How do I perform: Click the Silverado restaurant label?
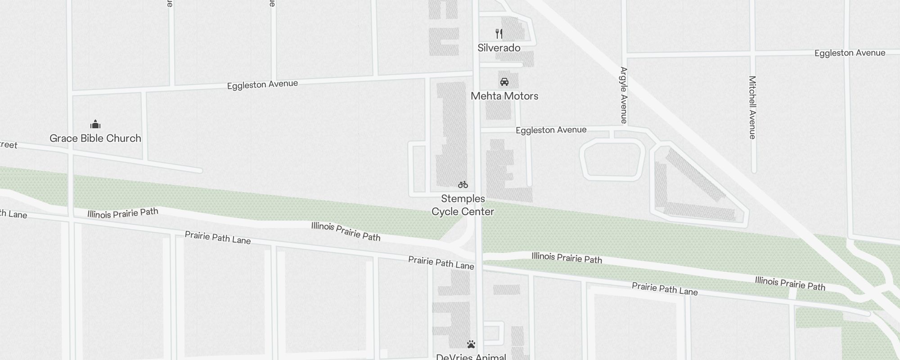coord(499,48)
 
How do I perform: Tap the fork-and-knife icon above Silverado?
coord(499,34)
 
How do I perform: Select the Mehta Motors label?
coord(504,96)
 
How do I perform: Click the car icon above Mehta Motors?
coord(504,82)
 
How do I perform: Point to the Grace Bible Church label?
coord(95,138)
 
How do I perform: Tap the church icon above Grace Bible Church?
coord(95,124)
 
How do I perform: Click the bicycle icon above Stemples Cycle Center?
coord(463,184)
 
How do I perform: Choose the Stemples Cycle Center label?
coord(463,205)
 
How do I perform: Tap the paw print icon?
coord(471,345)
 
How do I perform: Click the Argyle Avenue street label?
coord(624,95)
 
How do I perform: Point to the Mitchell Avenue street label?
coord(752,107)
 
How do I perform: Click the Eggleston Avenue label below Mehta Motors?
coord(551,130)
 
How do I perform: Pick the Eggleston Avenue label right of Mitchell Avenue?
coord(850,53)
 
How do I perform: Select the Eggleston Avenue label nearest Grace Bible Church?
coord(262,85)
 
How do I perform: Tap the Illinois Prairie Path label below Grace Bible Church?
coord(123,213)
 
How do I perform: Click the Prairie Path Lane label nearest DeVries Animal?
coord(441,263)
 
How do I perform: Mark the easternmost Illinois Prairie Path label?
coord(790,283)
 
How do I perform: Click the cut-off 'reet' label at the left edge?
coord(9,145)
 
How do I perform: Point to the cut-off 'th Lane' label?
coord(13,214)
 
